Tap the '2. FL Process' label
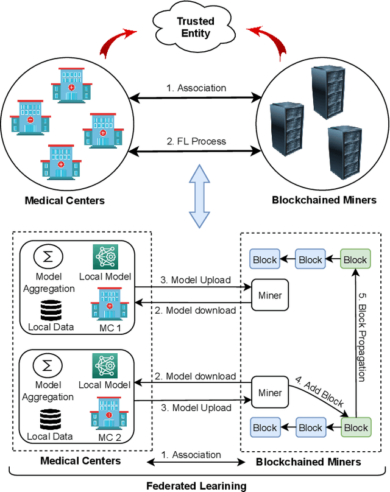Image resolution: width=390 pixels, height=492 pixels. [x=196, y=141]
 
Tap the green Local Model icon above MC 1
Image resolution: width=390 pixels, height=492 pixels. [x=104, y=257]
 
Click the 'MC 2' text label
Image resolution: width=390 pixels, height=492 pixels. [x=109, y=436]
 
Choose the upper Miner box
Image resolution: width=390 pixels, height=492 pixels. [x=270, y=295]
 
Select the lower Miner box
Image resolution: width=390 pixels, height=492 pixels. [x=270, y=393]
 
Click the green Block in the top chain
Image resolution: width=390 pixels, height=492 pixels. [x=355, y=259]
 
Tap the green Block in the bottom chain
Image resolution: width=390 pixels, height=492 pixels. [x=355, y=427]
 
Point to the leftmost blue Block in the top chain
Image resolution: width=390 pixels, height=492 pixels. [x=264, y=259]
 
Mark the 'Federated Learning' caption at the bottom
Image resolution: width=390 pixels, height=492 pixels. [x=196, y=485]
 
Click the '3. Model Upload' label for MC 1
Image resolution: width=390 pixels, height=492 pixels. [x=196, y=280]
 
